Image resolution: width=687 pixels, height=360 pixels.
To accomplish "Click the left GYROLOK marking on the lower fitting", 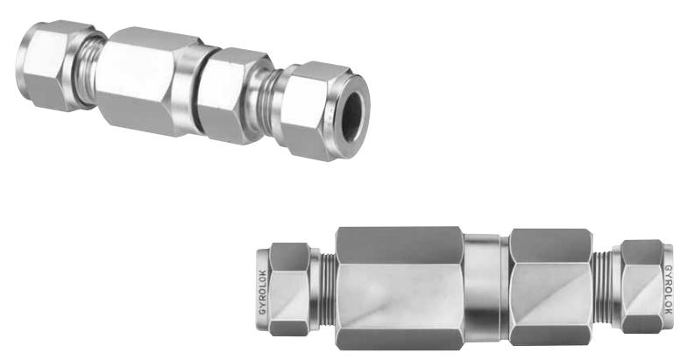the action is (x=263, y=291).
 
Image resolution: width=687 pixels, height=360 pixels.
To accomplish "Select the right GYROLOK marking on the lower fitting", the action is (x=668, y=288).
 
